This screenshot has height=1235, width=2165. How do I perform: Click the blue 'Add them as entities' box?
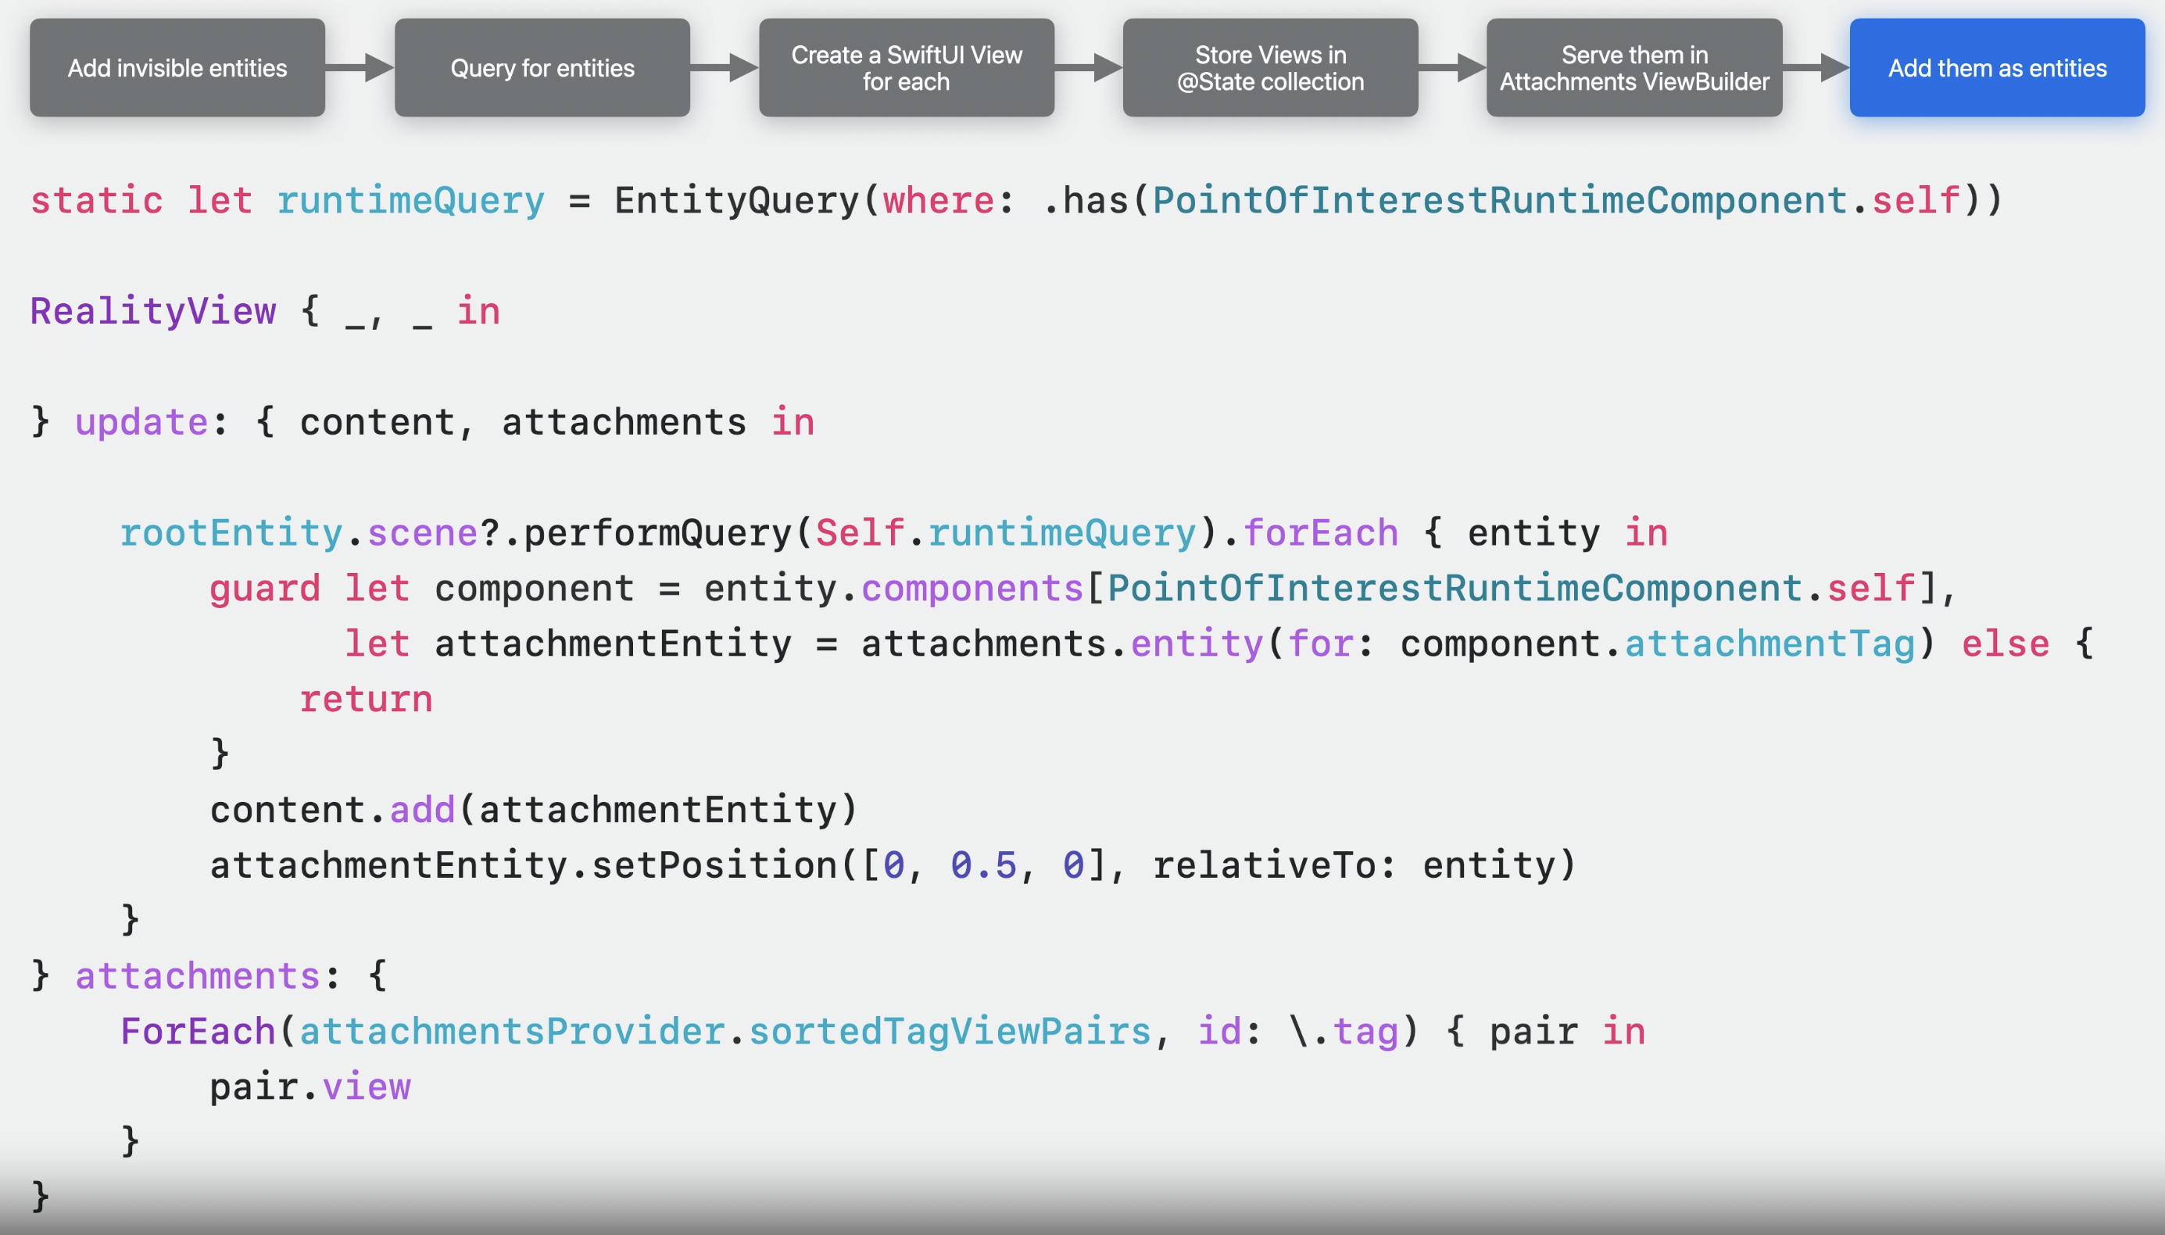1996,68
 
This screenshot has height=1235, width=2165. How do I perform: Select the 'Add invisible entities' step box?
177,68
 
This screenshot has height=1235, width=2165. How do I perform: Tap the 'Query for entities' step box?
542,68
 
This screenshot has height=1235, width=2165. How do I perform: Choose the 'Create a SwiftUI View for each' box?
906,68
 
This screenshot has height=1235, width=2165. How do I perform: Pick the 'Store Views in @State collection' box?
1269,68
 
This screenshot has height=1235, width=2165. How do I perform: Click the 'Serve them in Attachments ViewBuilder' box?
1634,68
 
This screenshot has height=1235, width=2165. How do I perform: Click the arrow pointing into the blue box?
1816,67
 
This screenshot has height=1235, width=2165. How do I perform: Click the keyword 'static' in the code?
97,201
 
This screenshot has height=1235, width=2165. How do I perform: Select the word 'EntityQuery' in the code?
736,201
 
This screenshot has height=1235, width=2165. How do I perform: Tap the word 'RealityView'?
152,311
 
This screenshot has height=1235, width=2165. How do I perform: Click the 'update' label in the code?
141,422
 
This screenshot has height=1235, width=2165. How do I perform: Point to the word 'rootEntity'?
231,532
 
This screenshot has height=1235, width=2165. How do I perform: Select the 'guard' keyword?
265,589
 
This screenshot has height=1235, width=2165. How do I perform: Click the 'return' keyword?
366,699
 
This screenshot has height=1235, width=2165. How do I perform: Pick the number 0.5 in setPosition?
983,865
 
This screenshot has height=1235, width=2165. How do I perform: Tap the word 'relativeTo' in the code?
1264,865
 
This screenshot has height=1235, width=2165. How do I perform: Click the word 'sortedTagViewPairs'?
949,1032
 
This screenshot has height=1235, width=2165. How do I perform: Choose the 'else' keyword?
2005,644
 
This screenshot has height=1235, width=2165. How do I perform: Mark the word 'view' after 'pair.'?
367,1086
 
